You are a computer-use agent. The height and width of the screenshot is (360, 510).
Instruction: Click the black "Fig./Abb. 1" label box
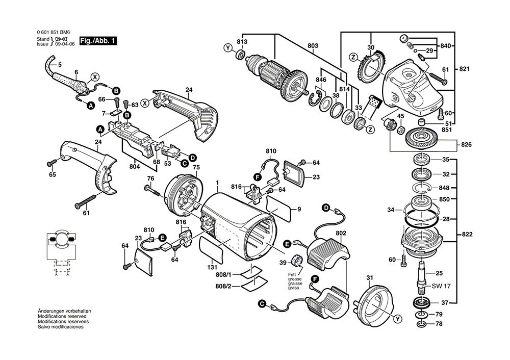click(x=98, y=40)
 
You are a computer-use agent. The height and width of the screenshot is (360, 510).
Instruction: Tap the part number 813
click(x=242, y=42)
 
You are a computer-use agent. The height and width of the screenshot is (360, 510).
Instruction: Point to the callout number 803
click(x=313, y=46)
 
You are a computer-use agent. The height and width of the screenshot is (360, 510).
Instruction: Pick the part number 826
click(x=467, y=145)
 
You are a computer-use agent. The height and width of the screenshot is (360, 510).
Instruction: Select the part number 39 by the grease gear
click(x=283, y=263)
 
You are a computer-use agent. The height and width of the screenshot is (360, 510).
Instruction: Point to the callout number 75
click(x=196, y=168)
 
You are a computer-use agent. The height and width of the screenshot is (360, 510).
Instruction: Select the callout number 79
click(x=439, y=315)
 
